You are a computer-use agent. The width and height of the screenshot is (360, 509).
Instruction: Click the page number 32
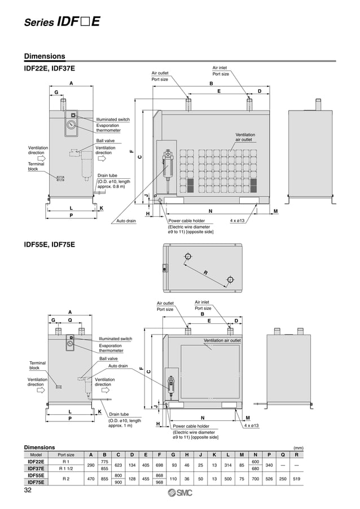28,490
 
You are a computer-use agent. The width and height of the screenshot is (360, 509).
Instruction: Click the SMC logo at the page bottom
180,494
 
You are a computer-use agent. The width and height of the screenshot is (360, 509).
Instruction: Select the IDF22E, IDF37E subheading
49,68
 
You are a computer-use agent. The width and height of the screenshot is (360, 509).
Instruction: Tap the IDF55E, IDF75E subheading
49,244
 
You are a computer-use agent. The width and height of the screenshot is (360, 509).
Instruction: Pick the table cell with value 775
104,462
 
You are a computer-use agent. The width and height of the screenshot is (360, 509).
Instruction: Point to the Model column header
36,454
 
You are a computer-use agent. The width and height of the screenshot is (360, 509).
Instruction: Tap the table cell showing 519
296,479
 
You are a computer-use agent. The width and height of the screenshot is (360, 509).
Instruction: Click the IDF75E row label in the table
36,482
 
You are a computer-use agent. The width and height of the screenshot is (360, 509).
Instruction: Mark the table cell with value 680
255,468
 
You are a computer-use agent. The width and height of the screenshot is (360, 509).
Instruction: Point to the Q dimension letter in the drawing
70,319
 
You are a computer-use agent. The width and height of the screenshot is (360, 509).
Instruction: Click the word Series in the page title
39,23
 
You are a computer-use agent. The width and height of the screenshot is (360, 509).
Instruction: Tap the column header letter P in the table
269,454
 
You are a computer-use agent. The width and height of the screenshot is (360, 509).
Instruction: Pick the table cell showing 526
269,479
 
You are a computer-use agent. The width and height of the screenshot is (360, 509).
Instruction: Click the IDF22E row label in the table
36,462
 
